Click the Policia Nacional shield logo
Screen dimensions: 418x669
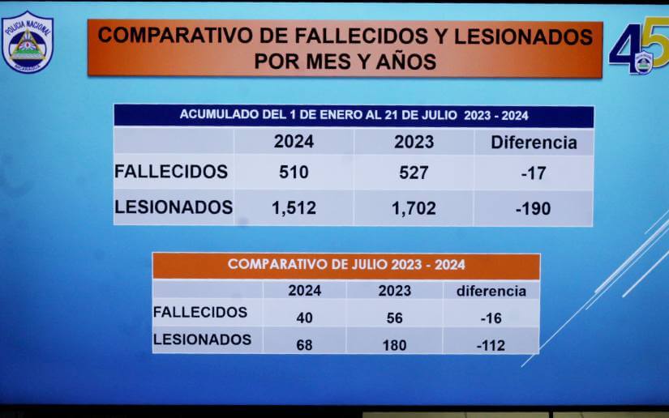27,41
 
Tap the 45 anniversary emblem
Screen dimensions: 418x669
638,49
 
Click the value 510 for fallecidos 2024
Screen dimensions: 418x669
294,173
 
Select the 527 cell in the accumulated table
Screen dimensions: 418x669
414,173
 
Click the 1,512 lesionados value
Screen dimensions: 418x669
294,208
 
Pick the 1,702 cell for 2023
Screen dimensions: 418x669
414,208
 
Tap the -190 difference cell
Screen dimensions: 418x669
533,208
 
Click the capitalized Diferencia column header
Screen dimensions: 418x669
534,143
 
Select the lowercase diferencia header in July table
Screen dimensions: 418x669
491,291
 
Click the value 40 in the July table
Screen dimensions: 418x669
304,318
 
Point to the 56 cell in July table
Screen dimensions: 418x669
394,318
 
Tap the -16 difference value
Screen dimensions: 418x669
491,318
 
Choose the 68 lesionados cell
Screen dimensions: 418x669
304,345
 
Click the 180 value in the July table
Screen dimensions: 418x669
394,345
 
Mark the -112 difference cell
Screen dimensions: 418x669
491,345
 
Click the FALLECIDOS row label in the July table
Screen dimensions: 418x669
199,312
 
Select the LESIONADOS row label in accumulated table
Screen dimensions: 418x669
174,207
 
